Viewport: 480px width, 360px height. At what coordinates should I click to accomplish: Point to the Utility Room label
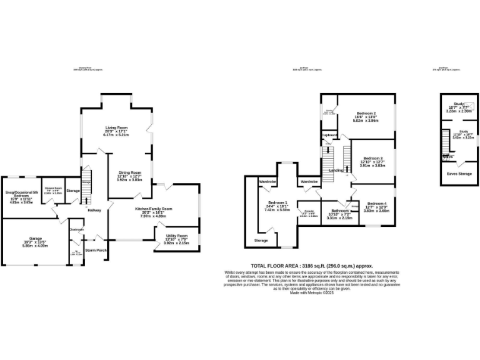click(176, 235)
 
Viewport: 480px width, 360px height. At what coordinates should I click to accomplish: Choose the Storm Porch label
click(96, 250)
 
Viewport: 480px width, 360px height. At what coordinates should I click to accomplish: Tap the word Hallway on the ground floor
click(94, 209)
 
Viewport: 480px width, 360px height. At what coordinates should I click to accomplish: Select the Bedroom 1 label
click(277, 203)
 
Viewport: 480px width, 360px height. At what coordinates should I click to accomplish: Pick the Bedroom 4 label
click(377, 204)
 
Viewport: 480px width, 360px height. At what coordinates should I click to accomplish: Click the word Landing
click(336, 170)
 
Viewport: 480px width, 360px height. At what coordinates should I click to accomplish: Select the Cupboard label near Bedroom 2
click(329, 134)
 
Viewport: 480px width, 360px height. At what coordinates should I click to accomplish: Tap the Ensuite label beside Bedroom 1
click(309, 211)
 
